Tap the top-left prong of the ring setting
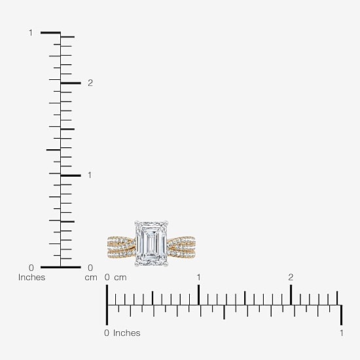click(x=137, y=223)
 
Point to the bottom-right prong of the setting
click(x=166, y=264)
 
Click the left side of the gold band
click(x=121, y=247)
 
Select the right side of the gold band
click(x=181, y=247)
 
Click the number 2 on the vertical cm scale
click(x=90, y=83)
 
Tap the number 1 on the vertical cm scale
click(x=90, y=175)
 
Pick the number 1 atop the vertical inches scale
click(x=31, y=33)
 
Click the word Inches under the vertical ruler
click(x=31, y=278)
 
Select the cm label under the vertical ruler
click(x=91, y=278)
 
